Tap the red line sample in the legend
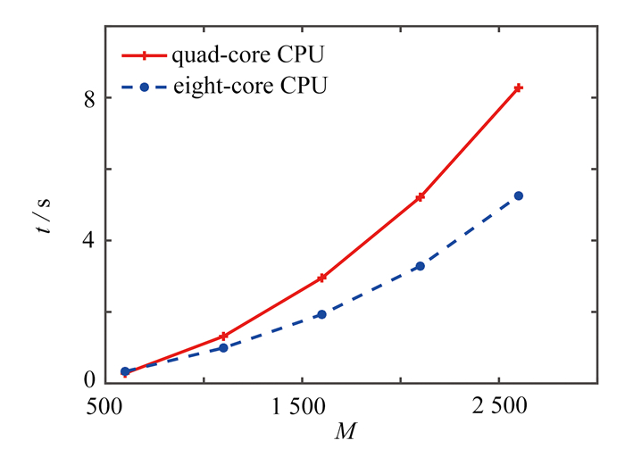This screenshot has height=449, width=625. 142,54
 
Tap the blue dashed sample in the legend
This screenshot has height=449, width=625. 142,87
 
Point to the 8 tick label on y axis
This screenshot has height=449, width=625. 90,97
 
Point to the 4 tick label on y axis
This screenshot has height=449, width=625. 90,240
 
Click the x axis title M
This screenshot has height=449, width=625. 344,431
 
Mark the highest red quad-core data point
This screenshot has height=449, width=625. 518,87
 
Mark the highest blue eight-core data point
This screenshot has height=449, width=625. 518,195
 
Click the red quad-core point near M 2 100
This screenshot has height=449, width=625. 420,196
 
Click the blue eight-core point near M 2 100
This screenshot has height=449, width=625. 420,266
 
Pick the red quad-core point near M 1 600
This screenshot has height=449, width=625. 321,278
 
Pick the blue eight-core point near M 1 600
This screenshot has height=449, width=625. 321,314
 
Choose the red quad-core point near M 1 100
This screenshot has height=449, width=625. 223,336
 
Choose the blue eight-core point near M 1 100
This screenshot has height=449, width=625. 223,348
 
